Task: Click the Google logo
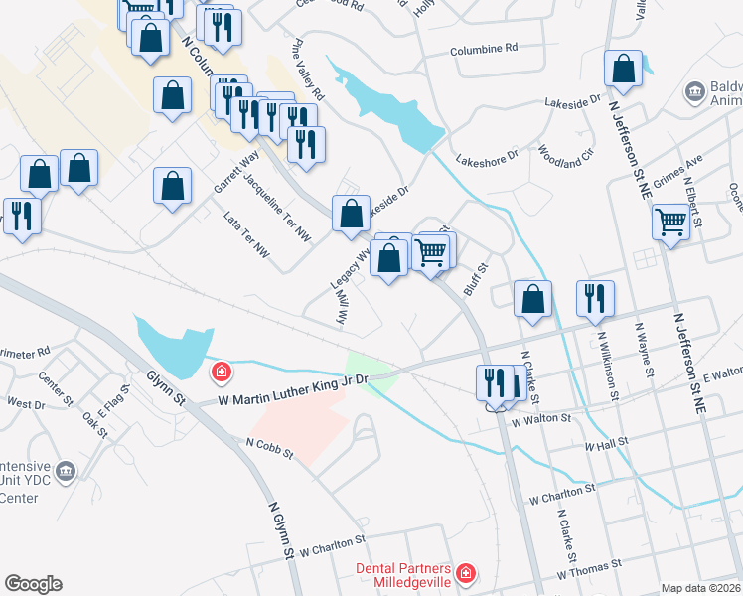coord(33,584)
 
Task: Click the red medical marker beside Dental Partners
coord(465,573)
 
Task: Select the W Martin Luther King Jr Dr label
coord(293,388)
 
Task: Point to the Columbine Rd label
coord(484,48)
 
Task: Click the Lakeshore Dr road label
coord(487,157)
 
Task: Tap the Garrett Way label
coord(235,171)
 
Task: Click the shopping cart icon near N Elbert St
coord(671,222)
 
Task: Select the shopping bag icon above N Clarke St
coord(533,297)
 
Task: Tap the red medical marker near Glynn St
coord(222,372)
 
